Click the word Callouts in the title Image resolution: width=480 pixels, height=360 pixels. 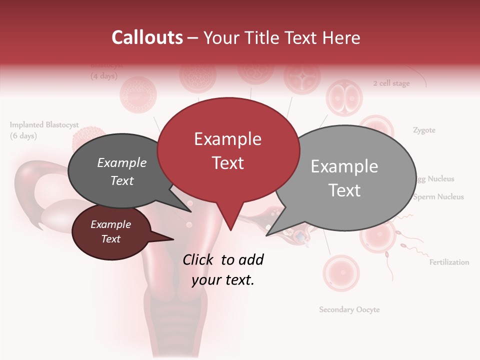point(147,37)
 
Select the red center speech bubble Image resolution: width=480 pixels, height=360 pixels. point(228,150)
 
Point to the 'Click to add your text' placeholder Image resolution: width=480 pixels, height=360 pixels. point(223,269)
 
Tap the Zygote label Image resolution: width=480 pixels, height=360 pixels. point(424,130)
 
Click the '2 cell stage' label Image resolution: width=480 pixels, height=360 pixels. point(391,83)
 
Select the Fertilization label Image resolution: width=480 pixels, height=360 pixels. point(449,262)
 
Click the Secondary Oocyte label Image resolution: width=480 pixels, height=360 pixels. point(349,309)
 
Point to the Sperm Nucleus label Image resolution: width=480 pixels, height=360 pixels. point(438,196)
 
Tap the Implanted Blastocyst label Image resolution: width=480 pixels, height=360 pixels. point(44,125)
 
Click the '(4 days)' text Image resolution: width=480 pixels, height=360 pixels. point(103,76)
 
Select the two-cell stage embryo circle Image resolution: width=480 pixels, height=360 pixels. point(343,98)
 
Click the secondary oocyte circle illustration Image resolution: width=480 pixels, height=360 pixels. point(340,273)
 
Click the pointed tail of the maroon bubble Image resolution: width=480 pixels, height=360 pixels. point(167,238)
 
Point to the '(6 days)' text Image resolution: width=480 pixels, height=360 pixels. point(23,135)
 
